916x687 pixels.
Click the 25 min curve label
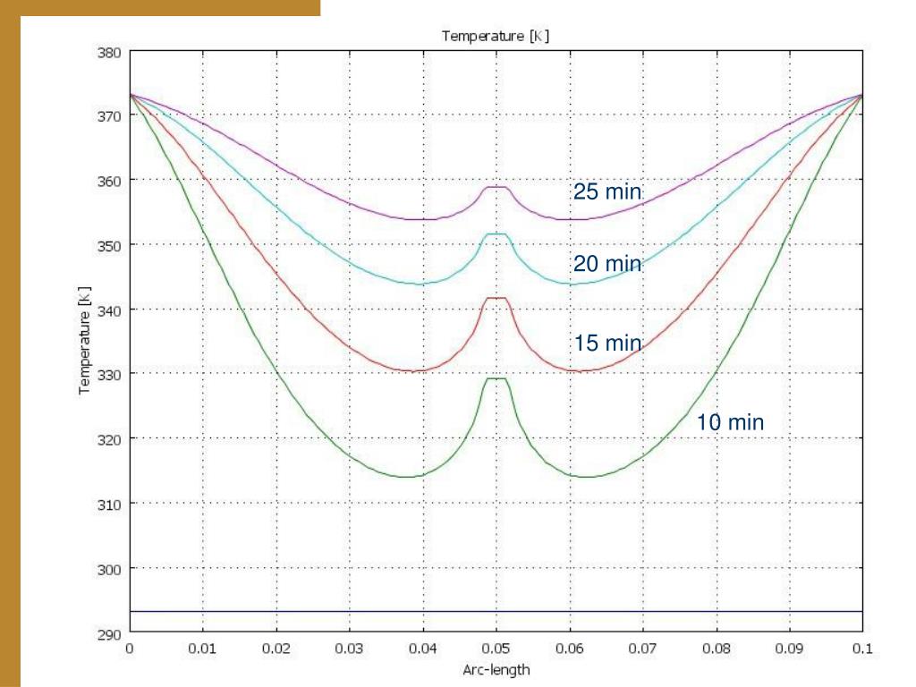607,191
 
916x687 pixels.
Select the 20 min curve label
607,264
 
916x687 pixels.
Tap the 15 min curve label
607,343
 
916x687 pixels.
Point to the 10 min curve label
730,422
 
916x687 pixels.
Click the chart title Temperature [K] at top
495,37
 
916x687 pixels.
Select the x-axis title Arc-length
496,669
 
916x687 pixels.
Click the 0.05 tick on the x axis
496,649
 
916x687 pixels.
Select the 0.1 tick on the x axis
861,649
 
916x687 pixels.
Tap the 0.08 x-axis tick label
715,649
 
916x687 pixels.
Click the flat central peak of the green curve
496,378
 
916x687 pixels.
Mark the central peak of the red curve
496,298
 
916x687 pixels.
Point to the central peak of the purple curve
496,187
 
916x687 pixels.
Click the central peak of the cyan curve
496,234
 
